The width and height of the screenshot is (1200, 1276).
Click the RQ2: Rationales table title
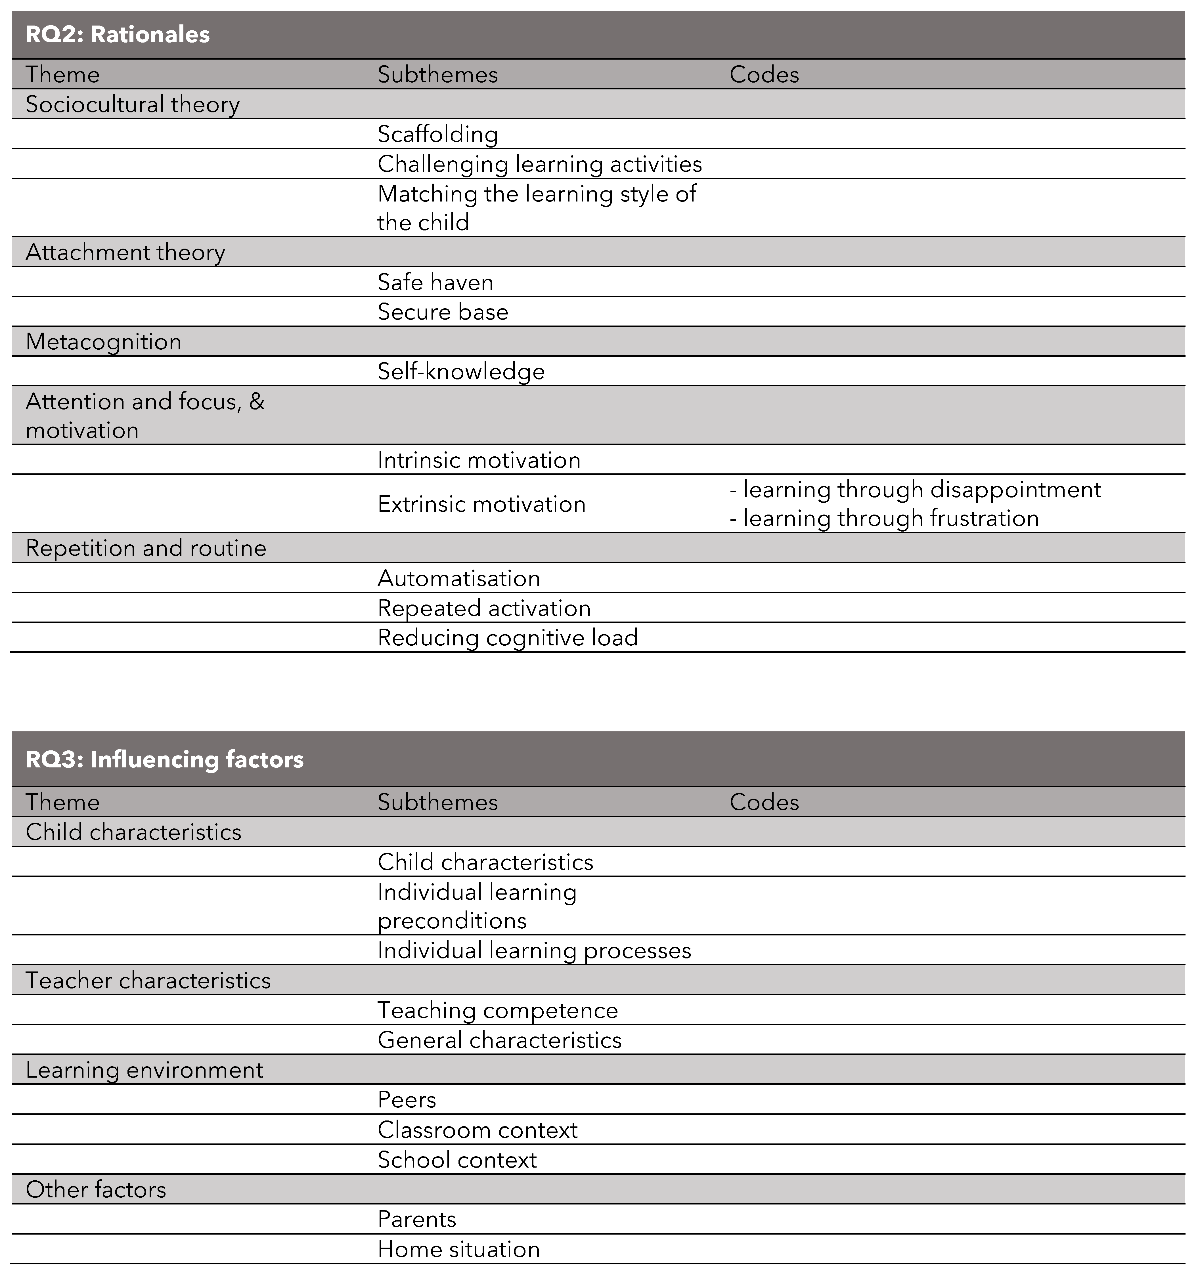click(x=118, y=35)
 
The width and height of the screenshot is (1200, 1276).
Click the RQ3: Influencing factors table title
click(x=164, y=760)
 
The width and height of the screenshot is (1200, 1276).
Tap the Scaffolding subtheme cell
click(x=437, y=134)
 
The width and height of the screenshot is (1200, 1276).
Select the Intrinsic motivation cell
click(x=479, y=460)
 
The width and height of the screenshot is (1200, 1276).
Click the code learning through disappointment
click(x=916, y=490)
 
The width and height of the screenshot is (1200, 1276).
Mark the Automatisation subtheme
click(x=458, y=578)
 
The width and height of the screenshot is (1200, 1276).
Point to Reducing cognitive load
click(x=507, y=638)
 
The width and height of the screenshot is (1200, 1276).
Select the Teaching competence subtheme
click(x=498, y=1010)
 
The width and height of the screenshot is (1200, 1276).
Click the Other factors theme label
click(x=96, y=1189)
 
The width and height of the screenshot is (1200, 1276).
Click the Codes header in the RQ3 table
click(x=764, y=802)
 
